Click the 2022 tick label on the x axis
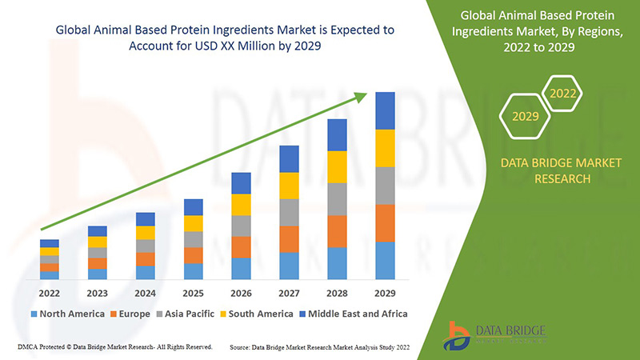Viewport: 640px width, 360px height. point(50,293)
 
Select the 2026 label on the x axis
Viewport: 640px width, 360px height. point(242,293)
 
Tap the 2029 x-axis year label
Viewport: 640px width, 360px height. point(386,293)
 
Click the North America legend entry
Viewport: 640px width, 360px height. point(69,314)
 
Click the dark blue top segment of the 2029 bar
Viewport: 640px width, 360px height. point(386,110)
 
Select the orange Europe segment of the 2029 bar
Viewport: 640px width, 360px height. point(386,223)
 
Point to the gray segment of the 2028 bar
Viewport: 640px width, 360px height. point(338,199)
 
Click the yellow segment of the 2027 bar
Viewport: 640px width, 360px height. point(290,186)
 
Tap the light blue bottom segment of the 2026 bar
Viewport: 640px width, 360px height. point(242,269)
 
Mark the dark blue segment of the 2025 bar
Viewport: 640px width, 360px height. point(194,207)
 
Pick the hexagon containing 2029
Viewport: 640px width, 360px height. point(525,116)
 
